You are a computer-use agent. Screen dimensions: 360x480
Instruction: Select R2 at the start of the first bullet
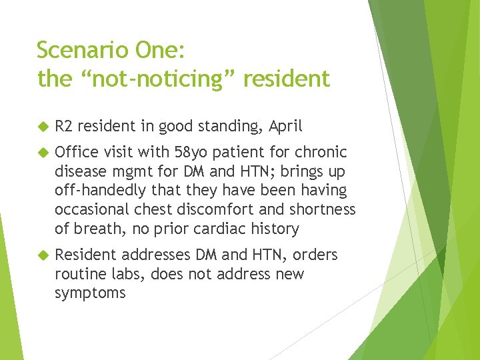click(x=63, y=126)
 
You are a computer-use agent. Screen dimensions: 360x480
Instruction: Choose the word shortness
click(x=323, y=210)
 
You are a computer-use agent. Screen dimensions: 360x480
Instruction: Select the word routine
click(x=81, y=274)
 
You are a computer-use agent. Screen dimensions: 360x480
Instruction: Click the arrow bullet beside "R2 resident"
click(x=43, y=126)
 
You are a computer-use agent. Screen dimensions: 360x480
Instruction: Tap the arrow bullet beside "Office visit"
click(x=43, y=152)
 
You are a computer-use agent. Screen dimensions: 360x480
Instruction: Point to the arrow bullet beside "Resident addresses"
click(x=43, y=255)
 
